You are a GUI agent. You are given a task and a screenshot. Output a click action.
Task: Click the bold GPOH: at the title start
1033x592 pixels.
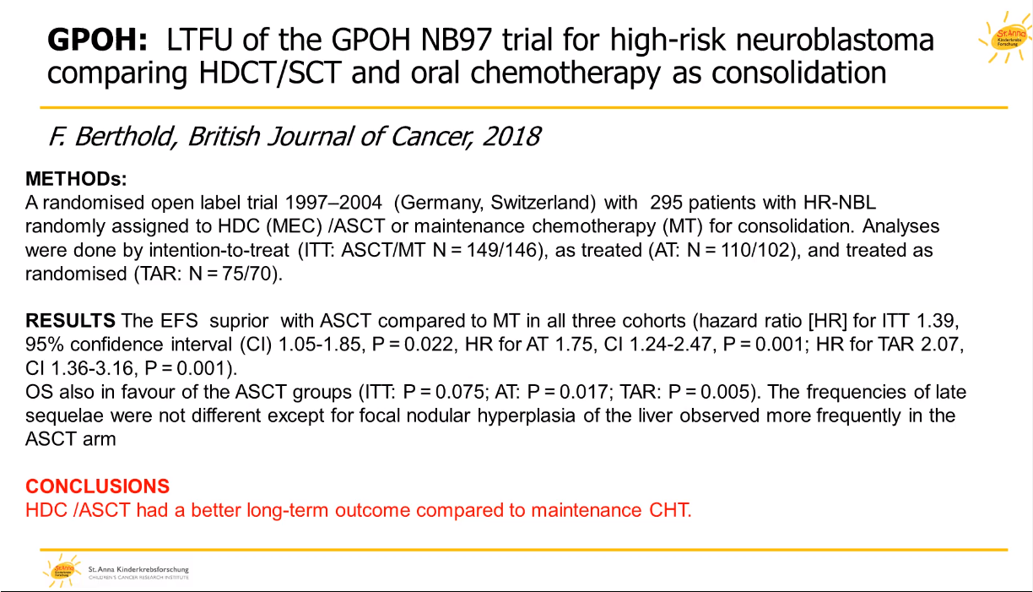(97, 40)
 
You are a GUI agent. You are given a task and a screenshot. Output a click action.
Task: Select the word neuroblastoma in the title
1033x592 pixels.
(835, 40)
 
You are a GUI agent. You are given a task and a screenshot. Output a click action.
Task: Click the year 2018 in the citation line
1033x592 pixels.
(511, 137)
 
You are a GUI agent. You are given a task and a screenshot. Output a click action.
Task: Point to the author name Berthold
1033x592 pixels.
(123, 138)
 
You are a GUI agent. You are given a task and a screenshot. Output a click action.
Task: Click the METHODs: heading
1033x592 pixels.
(76, 179)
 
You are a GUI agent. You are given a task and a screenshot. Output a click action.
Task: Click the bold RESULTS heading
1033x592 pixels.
(70, 321)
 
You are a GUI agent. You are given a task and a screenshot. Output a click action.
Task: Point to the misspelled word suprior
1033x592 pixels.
(239, 321)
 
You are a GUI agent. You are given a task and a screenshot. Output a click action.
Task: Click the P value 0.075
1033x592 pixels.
(459, 392)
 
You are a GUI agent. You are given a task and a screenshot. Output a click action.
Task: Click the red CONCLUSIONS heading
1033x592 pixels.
(98, 486)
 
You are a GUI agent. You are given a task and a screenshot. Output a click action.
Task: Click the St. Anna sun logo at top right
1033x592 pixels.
(1004, 38)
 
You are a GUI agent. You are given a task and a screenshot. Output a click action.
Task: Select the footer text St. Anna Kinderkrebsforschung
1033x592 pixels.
(138, 569)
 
